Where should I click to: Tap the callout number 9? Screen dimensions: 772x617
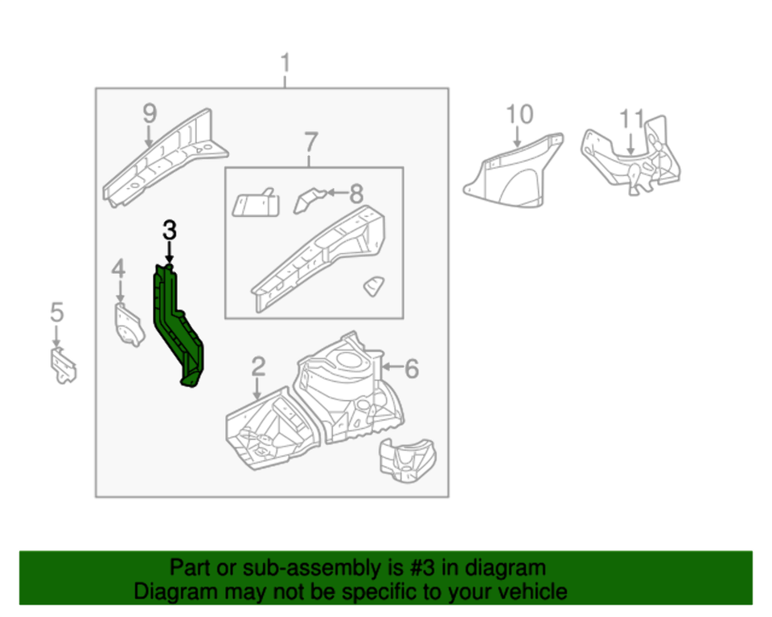[149, 113]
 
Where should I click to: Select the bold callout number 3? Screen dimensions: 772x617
[168, 231]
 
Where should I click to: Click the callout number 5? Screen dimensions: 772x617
[56, 312]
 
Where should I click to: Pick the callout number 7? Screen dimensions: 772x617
[310, 142]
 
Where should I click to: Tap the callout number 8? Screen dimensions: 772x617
[356, 193]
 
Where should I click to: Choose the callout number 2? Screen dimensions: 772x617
[257, 367]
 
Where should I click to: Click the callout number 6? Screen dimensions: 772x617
[411, 369]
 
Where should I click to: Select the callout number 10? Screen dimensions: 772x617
[520, 114]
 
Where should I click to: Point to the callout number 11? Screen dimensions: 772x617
[632, 118]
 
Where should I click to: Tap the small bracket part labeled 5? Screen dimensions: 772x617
[63, 366]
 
